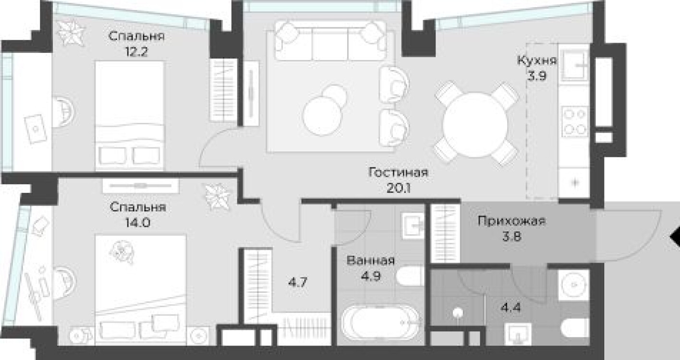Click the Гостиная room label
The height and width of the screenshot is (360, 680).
(398, 172)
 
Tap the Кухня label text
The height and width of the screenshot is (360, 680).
(537, 61)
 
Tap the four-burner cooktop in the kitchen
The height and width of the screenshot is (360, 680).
(574, 121)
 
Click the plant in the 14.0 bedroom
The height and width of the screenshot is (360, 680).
(219, 196)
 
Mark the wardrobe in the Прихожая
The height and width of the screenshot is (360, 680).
(445, 233)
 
